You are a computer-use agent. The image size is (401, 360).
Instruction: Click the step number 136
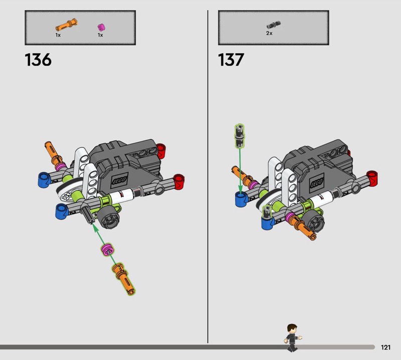(x=38, y=60)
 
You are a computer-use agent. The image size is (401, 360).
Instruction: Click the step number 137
(x=231, y=60)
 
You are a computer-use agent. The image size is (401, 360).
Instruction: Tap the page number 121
(x=385, y=347)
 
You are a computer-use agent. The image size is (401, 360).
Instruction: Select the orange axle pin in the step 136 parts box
(x=67, y=25)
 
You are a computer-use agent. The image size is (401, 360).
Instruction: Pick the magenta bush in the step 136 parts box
(x=102, y=27)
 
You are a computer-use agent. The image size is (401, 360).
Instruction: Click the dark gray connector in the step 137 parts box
(x=273, y=25)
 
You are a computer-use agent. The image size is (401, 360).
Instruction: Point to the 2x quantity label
(x=269, y=33)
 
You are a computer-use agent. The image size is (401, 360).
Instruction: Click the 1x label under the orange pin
(x=58, y=35)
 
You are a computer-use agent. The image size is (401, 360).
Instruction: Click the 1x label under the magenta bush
(x=100, y=35)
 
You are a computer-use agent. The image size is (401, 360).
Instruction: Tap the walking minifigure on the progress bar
(x=292, y=337)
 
